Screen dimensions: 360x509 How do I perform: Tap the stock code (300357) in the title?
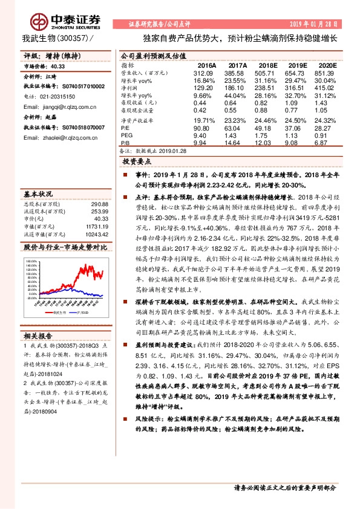pyautogui.click(x=76, y=37)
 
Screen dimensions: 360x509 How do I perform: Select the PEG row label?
pyautogui.click(x=127, y=136)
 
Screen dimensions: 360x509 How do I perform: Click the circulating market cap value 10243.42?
pyautogui.click(x=97, y=233)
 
